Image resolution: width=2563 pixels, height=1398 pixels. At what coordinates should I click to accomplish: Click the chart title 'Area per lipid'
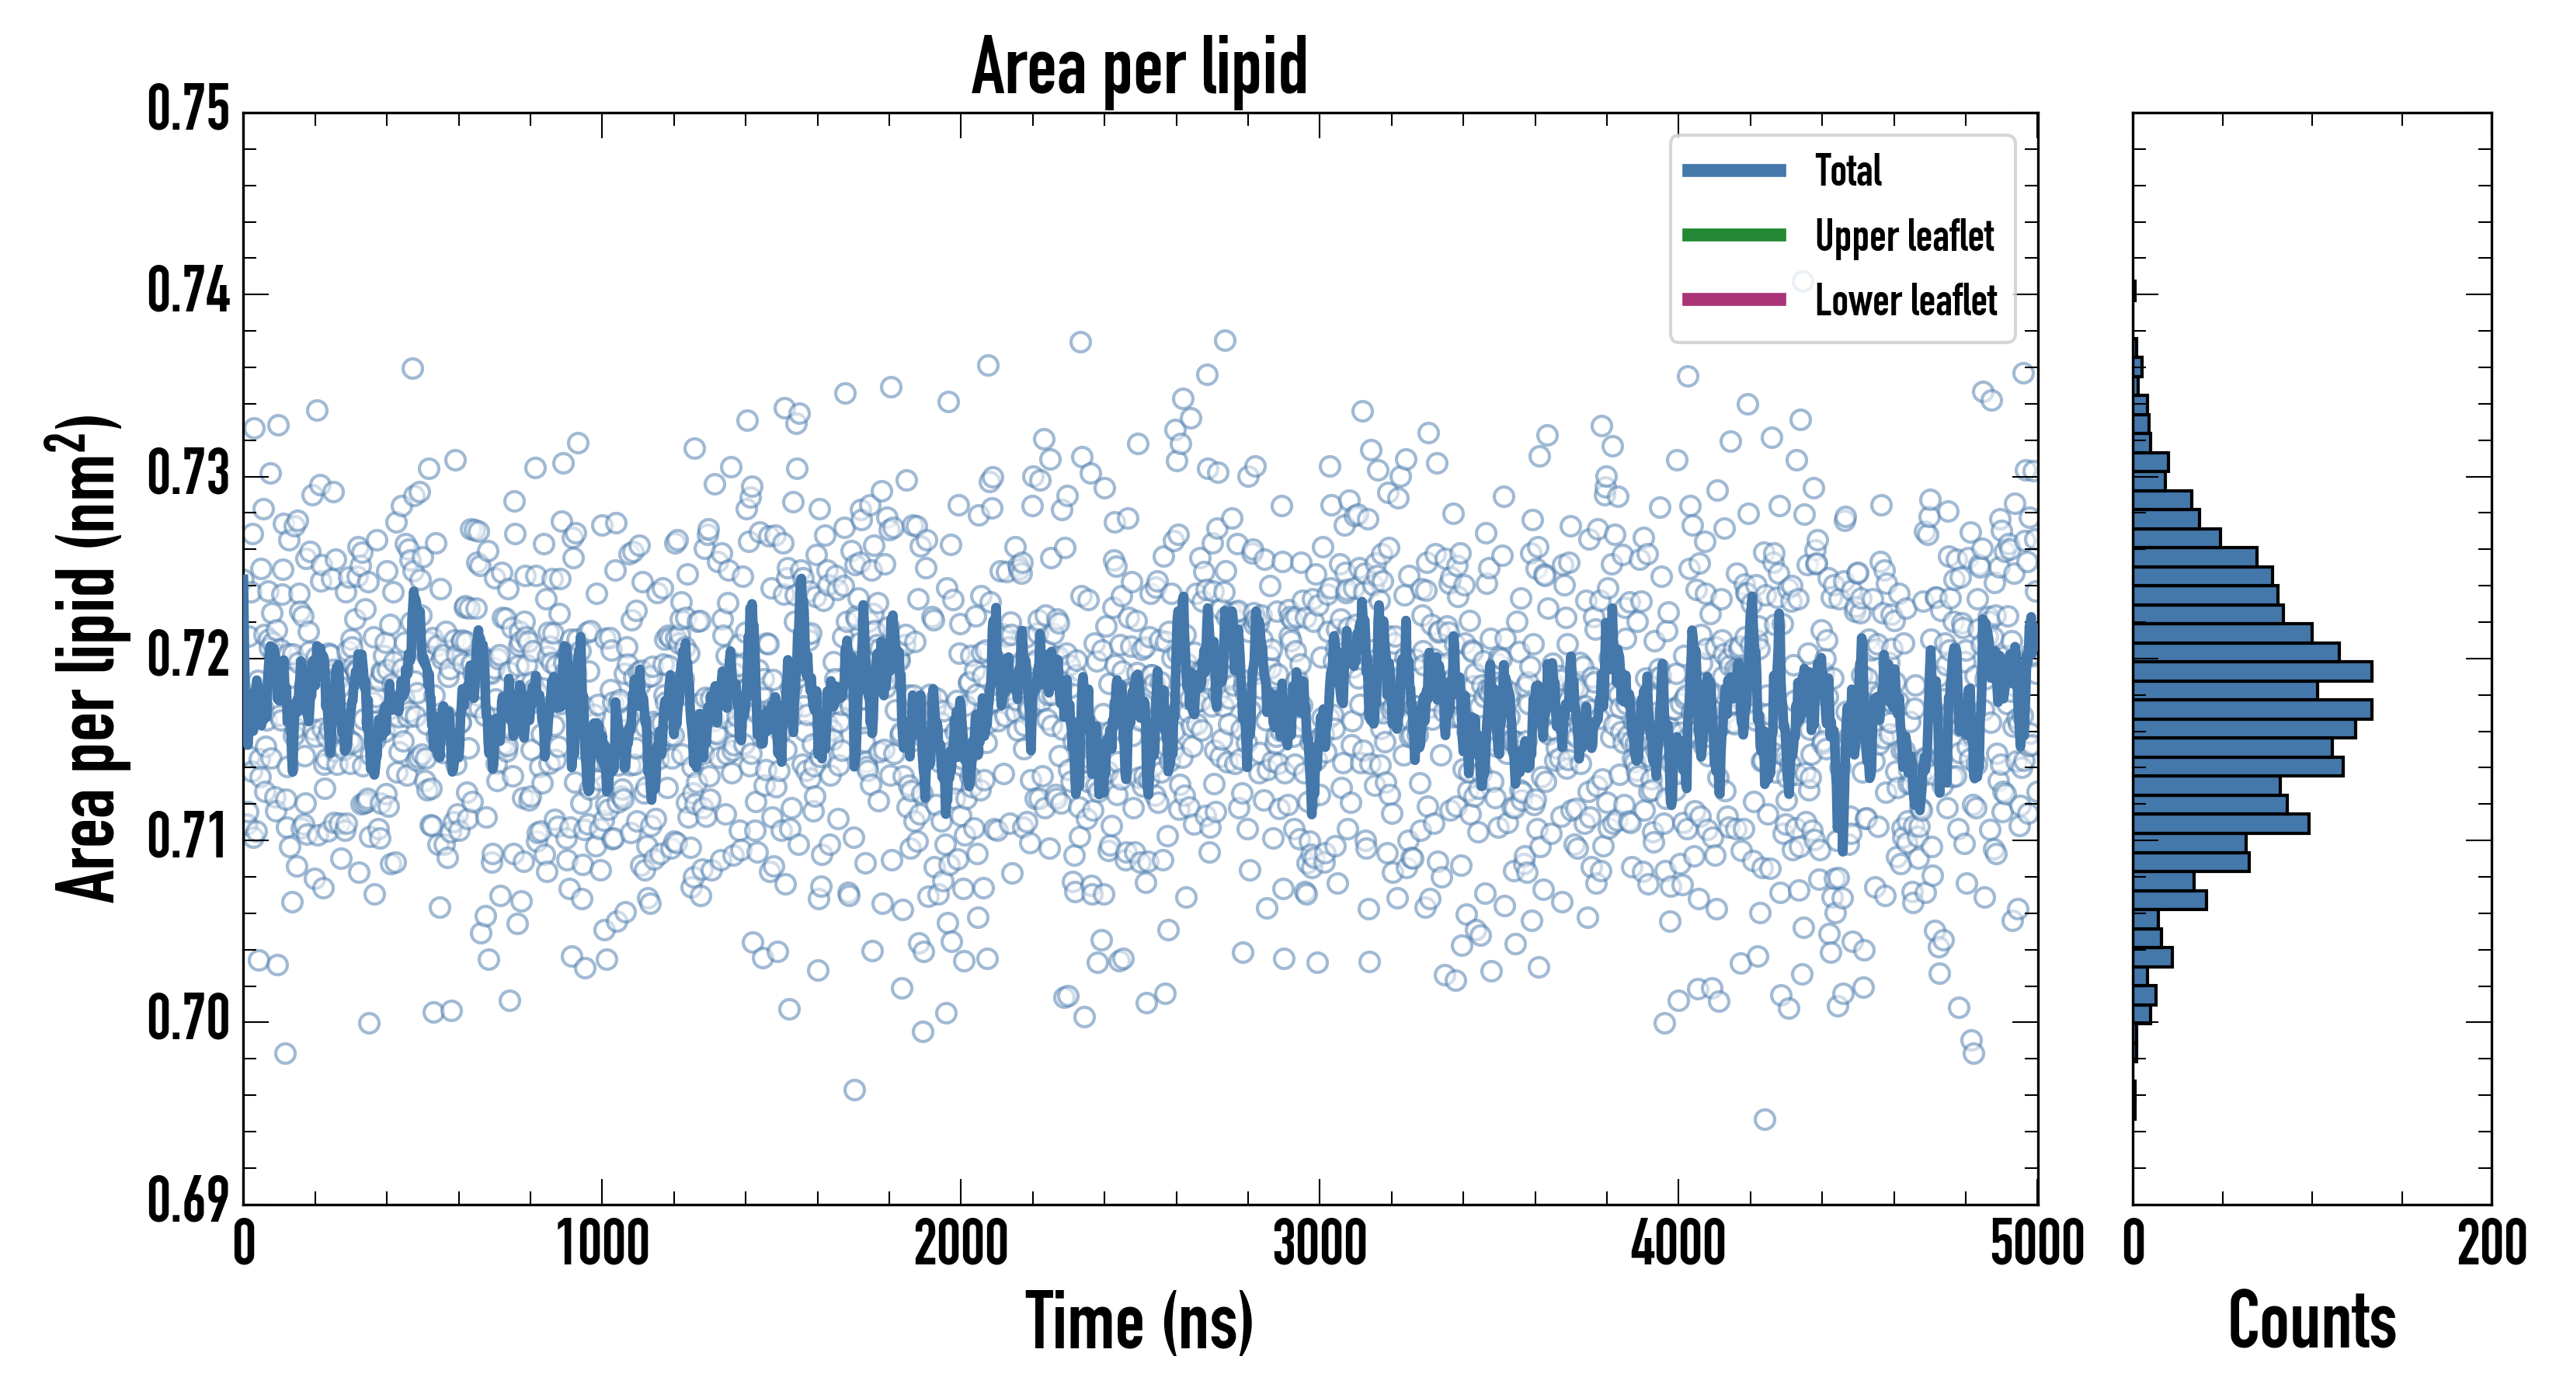tap(1139, 67)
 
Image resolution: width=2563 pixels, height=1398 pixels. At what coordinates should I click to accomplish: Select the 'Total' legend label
tap(1848, 171)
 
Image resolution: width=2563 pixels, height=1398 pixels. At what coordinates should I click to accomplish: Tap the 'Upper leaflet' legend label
tap(1904, 236)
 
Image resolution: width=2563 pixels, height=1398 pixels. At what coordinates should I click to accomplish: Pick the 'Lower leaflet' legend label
tap(1905, 301)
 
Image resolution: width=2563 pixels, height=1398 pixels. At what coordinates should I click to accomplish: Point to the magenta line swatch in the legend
tap(1734, 301)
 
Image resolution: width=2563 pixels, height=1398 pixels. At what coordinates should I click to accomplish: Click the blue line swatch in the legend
tap(1734, 171)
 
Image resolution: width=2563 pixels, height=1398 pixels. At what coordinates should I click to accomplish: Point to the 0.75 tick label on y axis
tap(189, 110)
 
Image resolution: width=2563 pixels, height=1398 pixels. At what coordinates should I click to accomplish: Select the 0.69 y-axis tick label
tap(189, 1200)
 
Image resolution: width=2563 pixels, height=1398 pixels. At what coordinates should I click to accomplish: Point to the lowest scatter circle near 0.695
tap(1764, 1119)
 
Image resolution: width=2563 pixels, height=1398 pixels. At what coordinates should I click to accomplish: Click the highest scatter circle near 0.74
tap(1803, 282)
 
